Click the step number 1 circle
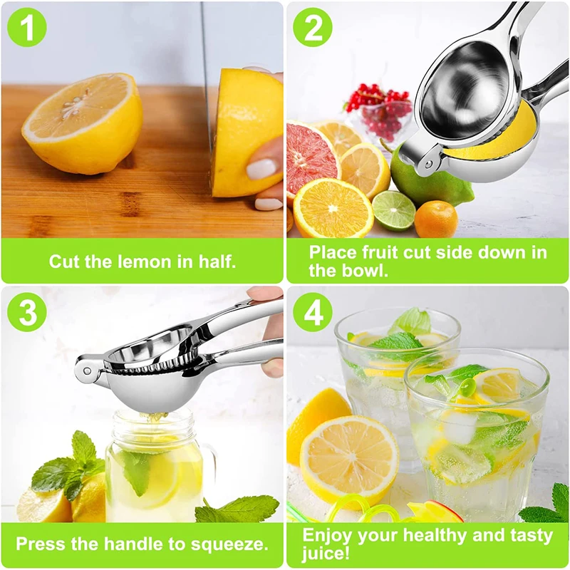pyautogui.click(x=27, y=28)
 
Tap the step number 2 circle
pyautogui.click(x=312, y=28)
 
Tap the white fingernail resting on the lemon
pyautogui.click(x=261, y=170)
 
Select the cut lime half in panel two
pyautogui.click(x=393, y=210)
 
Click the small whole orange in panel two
pyautogui.click(x=435, y=219)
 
